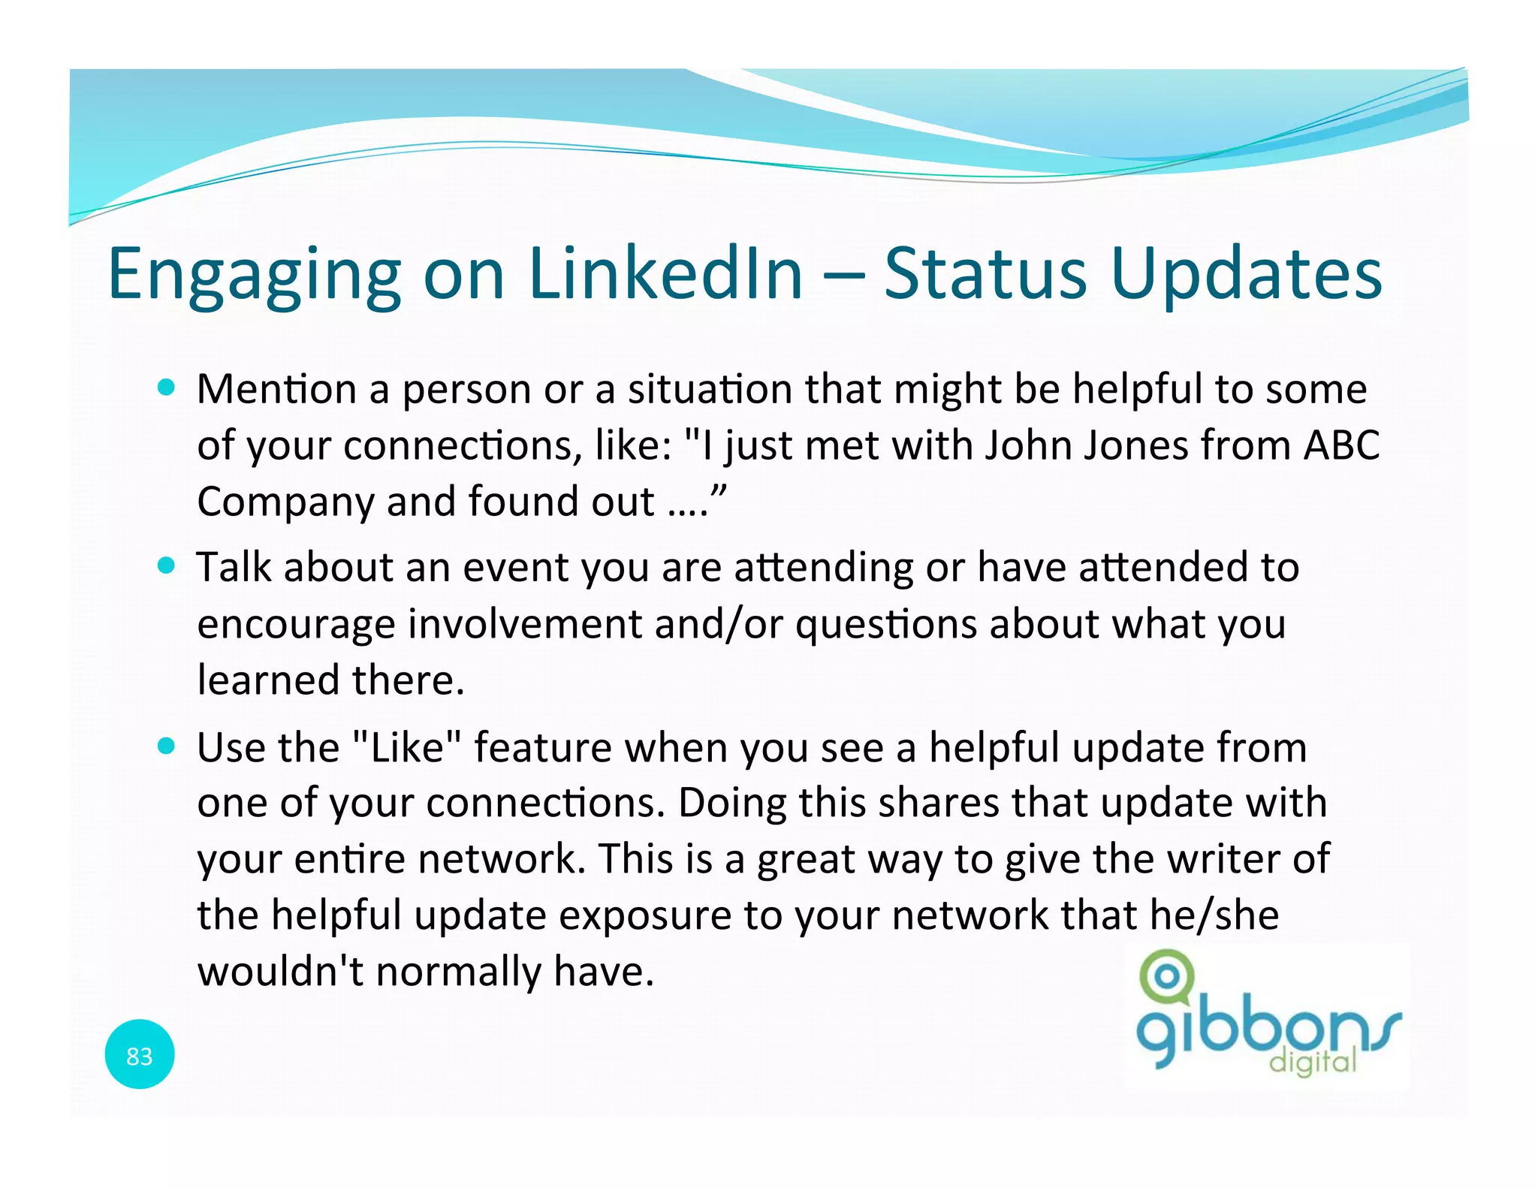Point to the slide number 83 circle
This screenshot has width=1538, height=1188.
[x=140, y=1055]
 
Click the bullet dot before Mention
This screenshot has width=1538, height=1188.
[x=167, y=388]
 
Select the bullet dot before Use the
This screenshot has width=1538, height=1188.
[x=167, y=746]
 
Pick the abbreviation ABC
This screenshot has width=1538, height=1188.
[x=1341, y=445]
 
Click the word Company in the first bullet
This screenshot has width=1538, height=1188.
[x=285, y=502]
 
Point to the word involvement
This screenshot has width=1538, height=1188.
[x=524, y=623]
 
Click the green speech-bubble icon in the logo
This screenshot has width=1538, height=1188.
[x=1166, y=977]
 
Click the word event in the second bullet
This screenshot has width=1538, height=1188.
[x=515, y=567]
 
